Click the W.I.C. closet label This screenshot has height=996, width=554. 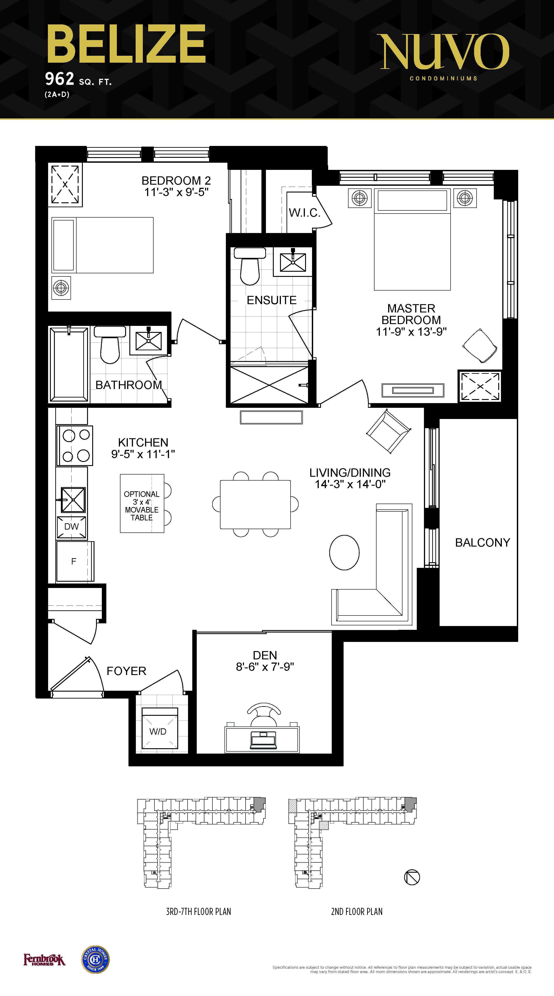click(305, 213)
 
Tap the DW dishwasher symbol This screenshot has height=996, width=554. click(72, 527)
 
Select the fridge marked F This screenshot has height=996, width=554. click(74, 561)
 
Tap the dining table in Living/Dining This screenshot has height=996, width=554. click(255, 504)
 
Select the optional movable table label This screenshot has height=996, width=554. click(141, 506)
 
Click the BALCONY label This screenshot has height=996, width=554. click(482, 543)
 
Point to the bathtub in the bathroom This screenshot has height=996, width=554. click(69, 364)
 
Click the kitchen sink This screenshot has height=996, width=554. click(73, 500)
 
